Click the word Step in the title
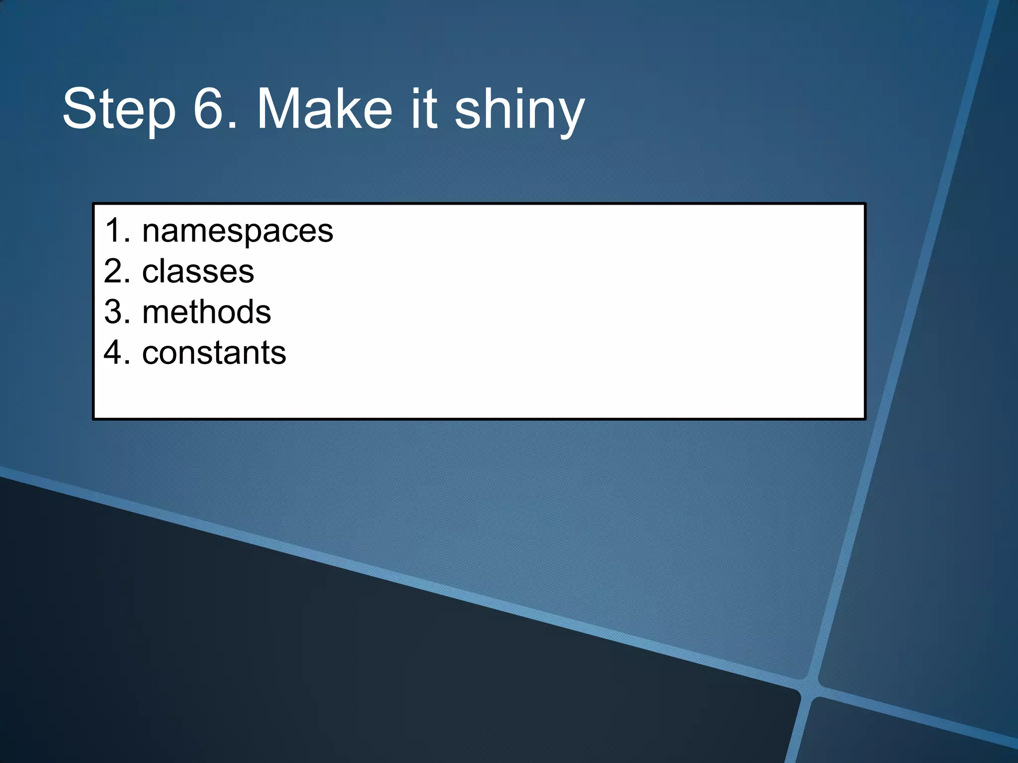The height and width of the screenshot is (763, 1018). [x=119, y=109]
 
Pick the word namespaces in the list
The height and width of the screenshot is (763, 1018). [x=238, y=231]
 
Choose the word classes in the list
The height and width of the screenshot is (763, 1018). [x=198, y=272]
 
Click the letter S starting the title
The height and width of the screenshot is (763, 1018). [x=80, y=108]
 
